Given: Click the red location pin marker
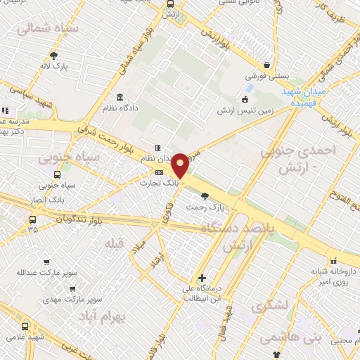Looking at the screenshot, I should (x=180, y=165).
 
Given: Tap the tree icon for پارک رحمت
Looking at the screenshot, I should (x=205, y=197).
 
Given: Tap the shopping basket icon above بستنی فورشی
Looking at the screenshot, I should (x=266, y=61).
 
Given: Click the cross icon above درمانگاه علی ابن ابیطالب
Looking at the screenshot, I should (x=202, y=278).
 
